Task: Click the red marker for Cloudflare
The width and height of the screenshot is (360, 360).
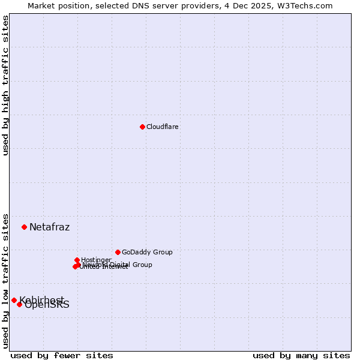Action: (142, 127)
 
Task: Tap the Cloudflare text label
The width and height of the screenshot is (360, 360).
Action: (163, 127)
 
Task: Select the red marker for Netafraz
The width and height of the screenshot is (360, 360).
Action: (24, 227)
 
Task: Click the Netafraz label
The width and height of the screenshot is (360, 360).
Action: (50, 227)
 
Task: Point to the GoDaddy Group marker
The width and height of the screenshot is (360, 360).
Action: (118, 252)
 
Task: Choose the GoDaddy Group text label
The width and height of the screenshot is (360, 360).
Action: (147, 252)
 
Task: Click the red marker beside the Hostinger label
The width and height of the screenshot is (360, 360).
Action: (77, 260)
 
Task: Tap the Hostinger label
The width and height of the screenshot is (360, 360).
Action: (97, 260)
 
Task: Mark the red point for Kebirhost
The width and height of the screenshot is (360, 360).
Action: (14, 300)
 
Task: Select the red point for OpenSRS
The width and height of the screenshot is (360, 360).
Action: (19, 304)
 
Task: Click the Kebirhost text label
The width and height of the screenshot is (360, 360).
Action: (42, 299)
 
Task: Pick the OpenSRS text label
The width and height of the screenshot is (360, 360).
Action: (47, 305)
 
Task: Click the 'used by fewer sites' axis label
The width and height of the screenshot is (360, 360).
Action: (62, 355)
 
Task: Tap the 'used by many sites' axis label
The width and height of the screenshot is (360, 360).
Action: (301, 355)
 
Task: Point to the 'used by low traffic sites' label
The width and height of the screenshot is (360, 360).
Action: (5, 280)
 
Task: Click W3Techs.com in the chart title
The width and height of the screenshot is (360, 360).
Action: (307, 5)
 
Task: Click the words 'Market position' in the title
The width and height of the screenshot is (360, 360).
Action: (56, 5)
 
